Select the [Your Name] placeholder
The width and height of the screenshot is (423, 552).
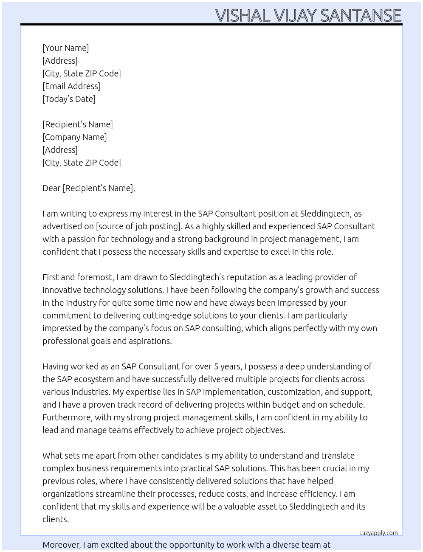(x=66, y=48)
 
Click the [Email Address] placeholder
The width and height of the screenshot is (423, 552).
(x=71, y=86)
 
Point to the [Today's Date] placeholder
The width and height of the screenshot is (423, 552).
(x=69, y=99)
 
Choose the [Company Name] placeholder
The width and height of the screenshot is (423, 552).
(x=75, y=137)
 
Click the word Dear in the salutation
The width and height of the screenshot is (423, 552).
(x=51, y=188)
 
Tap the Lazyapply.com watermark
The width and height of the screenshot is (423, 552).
(x=378, y=533)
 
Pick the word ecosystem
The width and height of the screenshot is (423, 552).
(x=92, y=379)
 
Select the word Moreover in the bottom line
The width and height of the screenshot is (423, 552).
(x=61, y=545)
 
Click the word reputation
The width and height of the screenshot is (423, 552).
(x=246, y=277)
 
